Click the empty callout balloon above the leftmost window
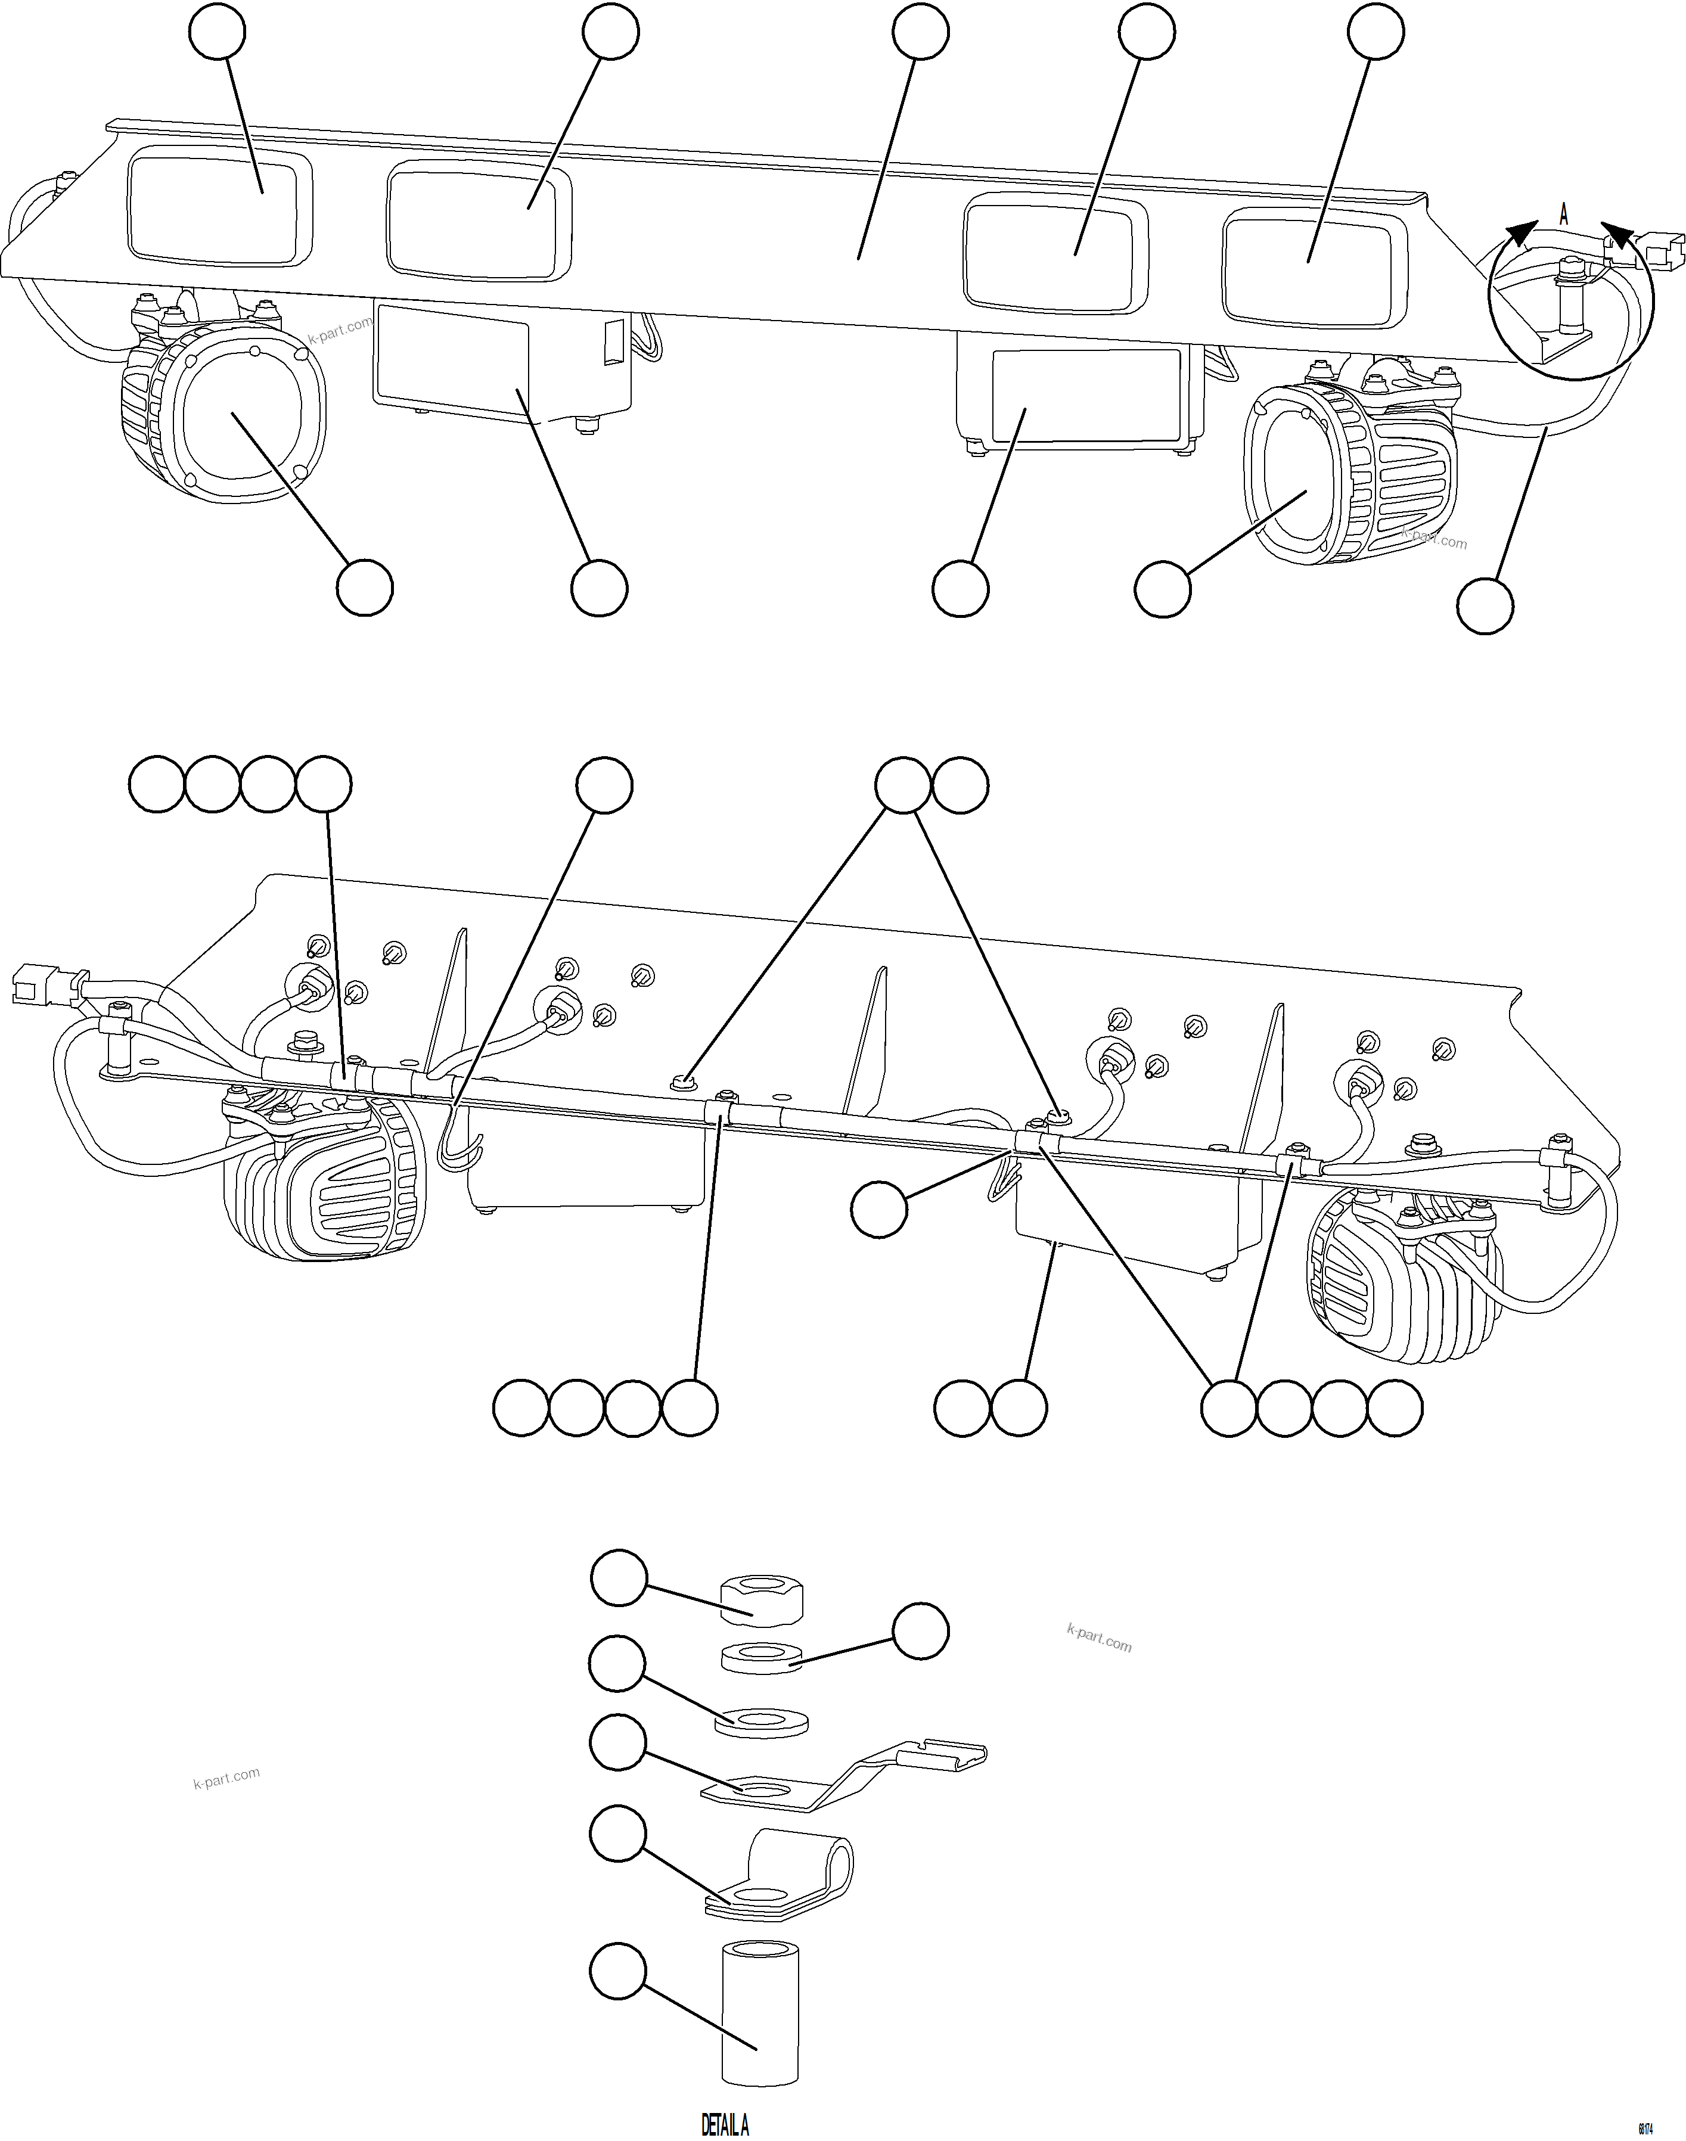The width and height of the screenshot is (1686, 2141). tap(217, 32)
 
